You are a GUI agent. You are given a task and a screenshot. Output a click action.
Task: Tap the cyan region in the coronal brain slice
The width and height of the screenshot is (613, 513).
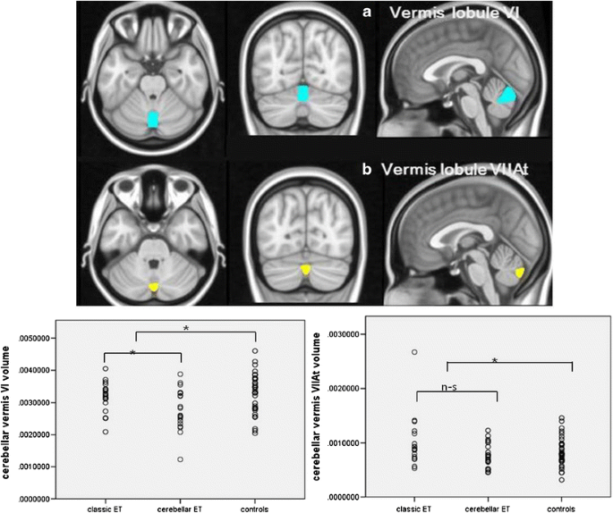[304, 95]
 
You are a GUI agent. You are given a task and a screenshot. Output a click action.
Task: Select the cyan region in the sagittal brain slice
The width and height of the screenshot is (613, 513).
[509, 96]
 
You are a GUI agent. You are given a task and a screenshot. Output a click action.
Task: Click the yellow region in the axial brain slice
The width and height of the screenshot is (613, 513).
[154, 287]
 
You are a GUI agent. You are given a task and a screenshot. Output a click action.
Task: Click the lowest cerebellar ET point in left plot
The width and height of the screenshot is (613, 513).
[180, 459]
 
